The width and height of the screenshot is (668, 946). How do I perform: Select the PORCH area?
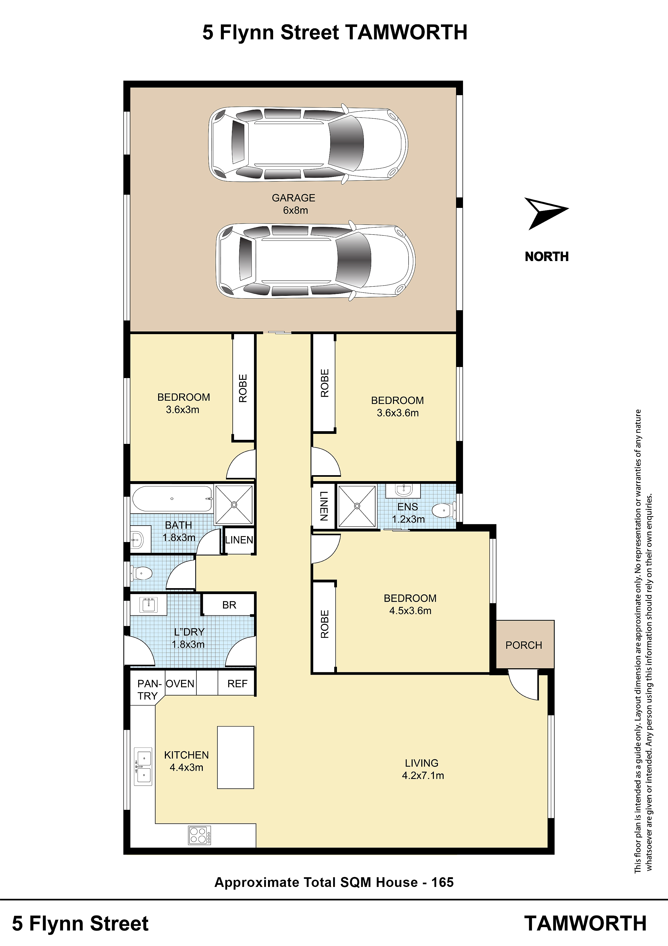click(524, 645)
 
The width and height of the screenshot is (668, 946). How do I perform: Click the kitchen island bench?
click(235, 757)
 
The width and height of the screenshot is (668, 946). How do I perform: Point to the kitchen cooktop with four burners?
click(200, 835)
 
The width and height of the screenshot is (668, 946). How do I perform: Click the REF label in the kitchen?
click(238, 684)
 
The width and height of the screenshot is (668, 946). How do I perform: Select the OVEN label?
click(180, 684)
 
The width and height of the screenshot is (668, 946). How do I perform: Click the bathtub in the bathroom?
click(172, 499)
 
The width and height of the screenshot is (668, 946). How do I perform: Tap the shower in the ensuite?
click(357, 506)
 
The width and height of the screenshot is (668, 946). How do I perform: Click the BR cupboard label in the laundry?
click(229, 605)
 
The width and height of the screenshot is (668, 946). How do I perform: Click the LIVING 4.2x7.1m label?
click(423, 769)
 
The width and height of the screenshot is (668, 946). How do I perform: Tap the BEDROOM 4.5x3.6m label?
click(410, 604)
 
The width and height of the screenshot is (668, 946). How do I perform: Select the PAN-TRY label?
click(148, 690)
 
